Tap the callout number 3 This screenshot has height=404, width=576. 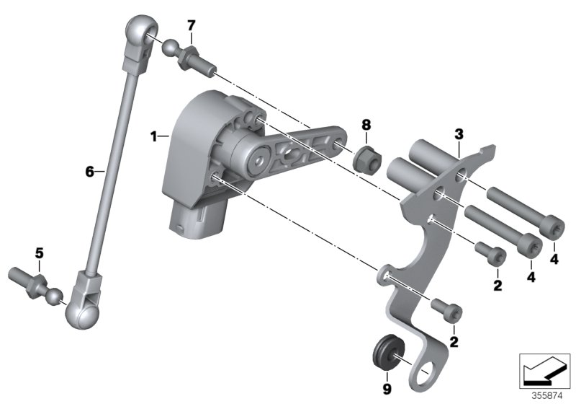point(458,135)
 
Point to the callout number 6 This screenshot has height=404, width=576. point(89,172)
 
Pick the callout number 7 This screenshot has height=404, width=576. point(191,26)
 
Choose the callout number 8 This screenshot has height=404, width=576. point(366,126)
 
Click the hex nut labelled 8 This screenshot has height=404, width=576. point(365,157)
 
